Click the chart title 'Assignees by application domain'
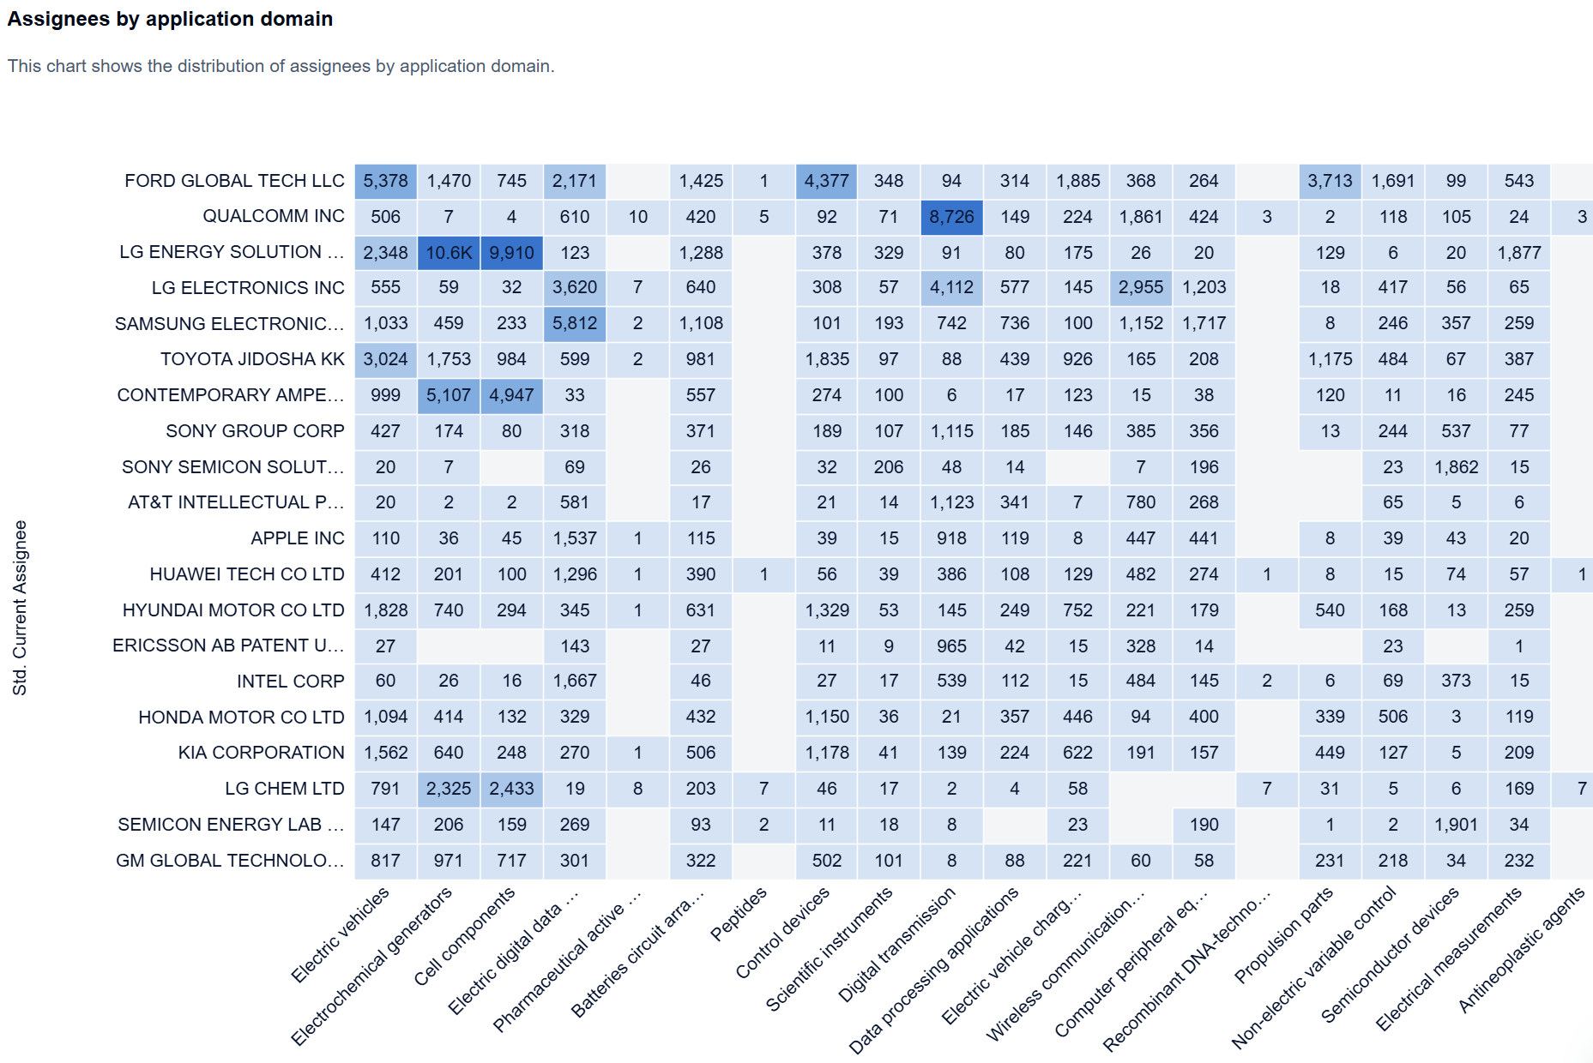point(170,19)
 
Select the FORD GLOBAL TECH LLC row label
point(234,181)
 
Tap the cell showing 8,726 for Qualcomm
point(951,217)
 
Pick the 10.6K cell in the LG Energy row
point(449,253)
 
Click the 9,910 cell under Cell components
point(511,253)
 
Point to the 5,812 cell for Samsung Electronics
point(574,324)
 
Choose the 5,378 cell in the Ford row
point(385,181)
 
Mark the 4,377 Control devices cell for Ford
point(826,181)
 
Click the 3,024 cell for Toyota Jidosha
point(385,359)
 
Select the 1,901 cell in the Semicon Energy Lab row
point(1456,825)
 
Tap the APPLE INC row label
point(297,538)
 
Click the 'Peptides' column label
point(739,915)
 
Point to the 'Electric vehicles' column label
point(340,934)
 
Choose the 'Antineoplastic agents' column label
point(1521,950)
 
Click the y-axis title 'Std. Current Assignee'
point(20,608)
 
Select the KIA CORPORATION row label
point(261,753)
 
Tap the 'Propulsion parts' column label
point(1283,934)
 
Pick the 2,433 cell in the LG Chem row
point(511,789)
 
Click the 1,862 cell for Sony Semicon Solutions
point(1456,467)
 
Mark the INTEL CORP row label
point(290,682)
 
